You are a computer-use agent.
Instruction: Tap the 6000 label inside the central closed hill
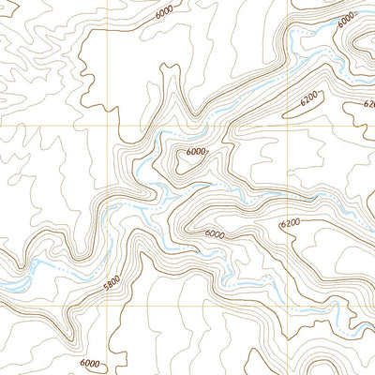[196, 152]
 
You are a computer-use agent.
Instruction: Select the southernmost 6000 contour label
[90, 363]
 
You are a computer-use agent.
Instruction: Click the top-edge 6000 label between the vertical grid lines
[165, 14]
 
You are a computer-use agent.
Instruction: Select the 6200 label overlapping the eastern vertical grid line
[290, 222]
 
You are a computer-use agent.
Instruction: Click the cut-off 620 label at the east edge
[368, 105]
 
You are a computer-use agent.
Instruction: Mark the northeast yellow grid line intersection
[286, 126]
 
